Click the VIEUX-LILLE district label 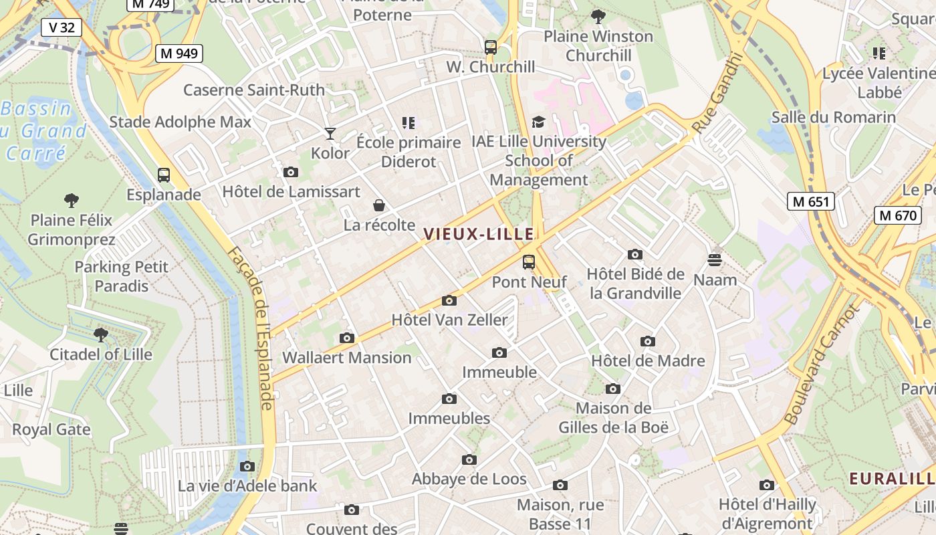coord(479,234)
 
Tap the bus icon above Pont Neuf coord(529,261)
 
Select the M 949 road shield coord(179,53)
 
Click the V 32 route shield coord(62,27)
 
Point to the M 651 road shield coord(811,201)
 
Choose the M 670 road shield coord(898,215)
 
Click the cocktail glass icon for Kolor coord(330,134)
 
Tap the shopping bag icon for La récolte coord(379,205)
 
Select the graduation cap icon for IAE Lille coord(538,122)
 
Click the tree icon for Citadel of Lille coord(101,334)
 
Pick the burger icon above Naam coord(715,259)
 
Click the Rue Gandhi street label coord(718,92)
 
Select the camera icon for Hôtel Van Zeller coord(449,300)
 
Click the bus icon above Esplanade coord(164,175)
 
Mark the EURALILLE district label coord(892,478)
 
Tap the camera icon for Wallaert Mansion coord(346,338)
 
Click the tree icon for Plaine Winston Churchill coord(598,16)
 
